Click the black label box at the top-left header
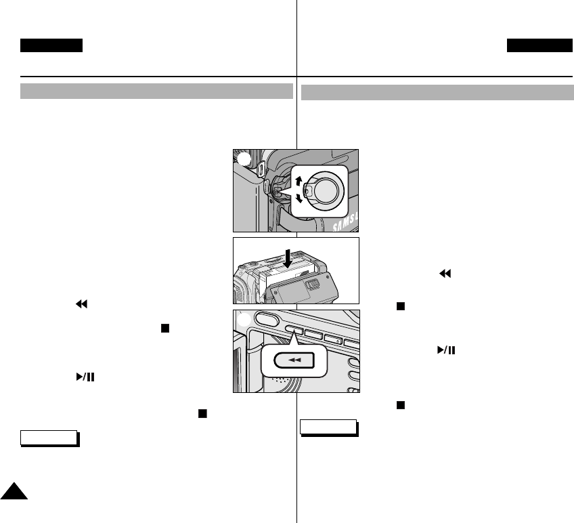coord(51,45)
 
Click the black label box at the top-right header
coord(539,45)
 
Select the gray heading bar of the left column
coord(156,91)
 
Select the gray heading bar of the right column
coord(437,92)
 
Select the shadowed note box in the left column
coord(49,438)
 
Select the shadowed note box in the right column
coord(328,427)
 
